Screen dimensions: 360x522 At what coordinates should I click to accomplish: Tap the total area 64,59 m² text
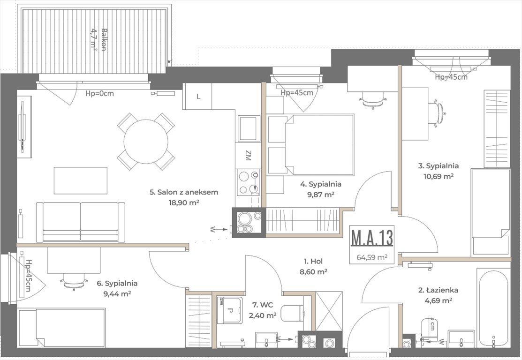372,257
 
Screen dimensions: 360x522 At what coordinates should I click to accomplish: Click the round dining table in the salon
146,141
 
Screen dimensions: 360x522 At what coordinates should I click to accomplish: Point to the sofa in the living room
81,222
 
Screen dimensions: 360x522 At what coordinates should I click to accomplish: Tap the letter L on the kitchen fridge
198,97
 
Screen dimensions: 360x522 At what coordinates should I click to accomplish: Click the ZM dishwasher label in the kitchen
248,155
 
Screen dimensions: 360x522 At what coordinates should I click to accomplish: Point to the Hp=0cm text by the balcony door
99,93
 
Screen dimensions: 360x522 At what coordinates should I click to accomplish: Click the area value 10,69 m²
439,176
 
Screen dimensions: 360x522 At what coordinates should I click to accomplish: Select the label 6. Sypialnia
117,283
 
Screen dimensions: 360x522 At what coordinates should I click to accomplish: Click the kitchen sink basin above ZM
248,128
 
